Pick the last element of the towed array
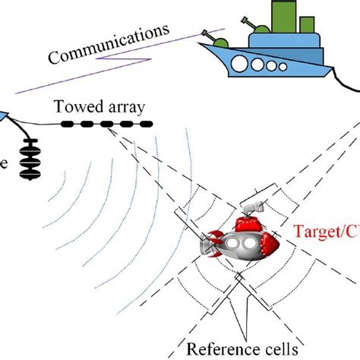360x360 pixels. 144,123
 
